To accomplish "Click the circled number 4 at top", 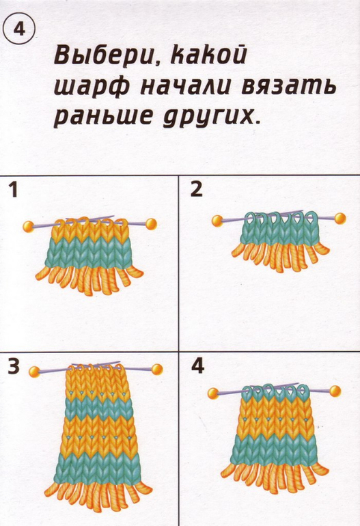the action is click(x=19, y=30).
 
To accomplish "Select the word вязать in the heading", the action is click(x=289, y=86).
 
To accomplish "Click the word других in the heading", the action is click(x=210, y=118).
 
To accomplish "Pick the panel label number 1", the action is click(x=13, y=189).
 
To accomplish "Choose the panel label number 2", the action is click(x=196, y=189).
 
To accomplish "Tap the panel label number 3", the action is click(x=14, y=367).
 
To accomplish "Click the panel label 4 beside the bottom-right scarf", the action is click(x=197, y=367).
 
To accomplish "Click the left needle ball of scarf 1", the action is click(x=29, y=227).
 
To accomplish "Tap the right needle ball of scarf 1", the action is click(x=151, y=224).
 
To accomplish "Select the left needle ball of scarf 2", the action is click(x=217, y=221).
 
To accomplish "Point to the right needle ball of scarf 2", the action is click(x=340, y=219).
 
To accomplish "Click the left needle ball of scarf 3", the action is click(x=34, y=372).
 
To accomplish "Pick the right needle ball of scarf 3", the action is click(x=156, y=370).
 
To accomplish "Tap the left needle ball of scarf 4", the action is click(x=213, y=393).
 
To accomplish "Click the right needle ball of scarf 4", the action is click(x=335, y=391).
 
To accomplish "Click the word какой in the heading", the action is click(x=208, y=55).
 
